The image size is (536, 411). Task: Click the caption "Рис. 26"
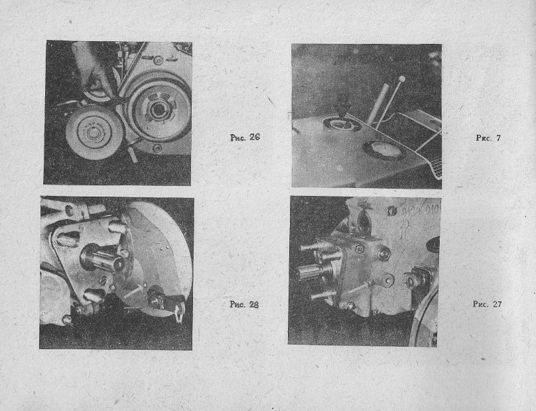click(x=245, y=137)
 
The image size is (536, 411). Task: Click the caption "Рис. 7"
click(x=488, y=138)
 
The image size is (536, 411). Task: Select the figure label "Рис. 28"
click(x=244, y=304)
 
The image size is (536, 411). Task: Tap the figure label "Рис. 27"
click(x=487, y=304)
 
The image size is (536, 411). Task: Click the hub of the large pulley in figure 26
click(x=158, y=110)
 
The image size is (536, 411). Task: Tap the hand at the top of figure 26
click(x=92, y=68)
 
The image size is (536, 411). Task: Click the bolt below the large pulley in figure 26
click(x=157, y=149)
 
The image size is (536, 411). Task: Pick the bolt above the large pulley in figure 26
click(x=157, y=60)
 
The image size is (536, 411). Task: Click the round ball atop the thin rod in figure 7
click(x=401, y=79)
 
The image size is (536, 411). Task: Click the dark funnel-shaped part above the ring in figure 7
click(x=342, y=106)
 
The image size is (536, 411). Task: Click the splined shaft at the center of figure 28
click(x=101, y=259)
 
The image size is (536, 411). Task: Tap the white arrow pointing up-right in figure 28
click(x=135, y=290)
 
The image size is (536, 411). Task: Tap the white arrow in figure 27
click(x=360, y=288)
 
